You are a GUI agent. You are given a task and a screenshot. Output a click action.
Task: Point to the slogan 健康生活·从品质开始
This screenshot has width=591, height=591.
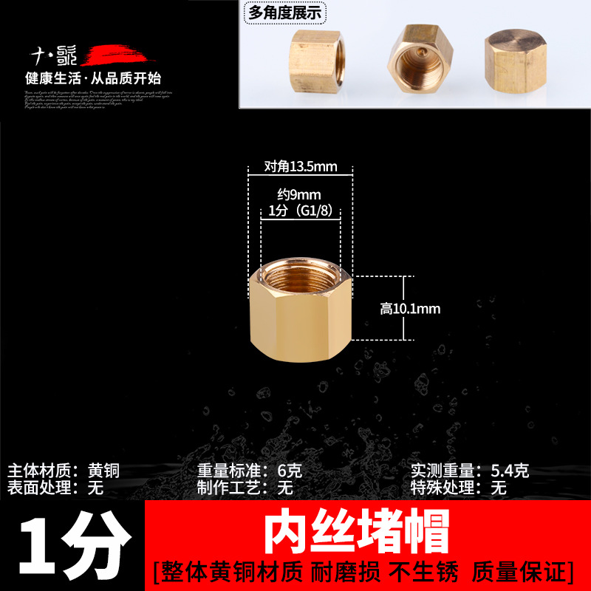pyautogui.click(x=93, y=78)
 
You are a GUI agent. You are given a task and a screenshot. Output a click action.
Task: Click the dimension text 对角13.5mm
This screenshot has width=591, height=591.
pyautogui.click(x=301, y=167)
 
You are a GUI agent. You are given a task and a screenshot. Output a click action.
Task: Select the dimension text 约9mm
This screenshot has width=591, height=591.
pyautogui.click(x=301, y=196)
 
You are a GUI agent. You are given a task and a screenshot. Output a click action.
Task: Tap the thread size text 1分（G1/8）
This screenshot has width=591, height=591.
pyautogui.click(x=300, y=211)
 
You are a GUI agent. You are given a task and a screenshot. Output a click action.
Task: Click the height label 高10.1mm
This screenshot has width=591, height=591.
pyautogui.click(x=410, y=309)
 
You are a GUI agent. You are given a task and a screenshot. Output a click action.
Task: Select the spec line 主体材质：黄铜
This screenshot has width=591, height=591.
pyautogui.click(x=64, y=471)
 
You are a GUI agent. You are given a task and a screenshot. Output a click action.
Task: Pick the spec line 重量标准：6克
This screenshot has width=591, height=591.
pyautogui.click(x=249, y=471)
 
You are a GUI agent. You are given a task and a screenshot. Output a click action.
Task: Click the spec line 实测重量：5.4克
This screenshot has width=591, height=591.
pyautogui.click(x=470, y=471)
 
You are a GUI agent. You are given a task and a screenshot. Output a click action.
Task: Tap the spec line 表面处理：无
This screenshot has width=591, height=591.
pyautogui.click(x=55, y=488)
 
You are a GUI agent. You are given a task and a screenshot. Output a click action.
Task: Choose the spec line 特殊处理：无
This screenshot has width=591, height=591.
pyautogui.click(x=458, y=488)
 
